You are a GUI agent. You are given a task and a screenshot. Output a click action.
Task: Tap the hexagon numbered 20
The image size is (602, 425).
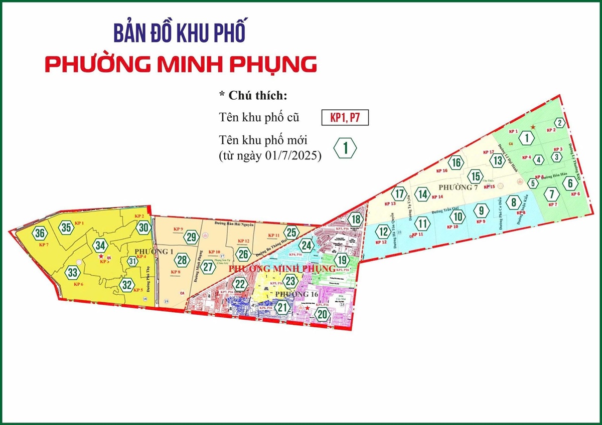pyautogui.click(x=322, y=314)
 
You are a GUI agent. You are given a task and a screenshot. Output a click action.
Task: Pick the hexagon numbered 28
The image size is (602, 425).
pyautogui.click(x=182, y=260)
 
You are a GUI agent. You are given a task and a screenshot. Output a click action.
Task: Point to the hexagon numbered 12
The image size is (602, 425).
pyautogui.click(x=383, y=232)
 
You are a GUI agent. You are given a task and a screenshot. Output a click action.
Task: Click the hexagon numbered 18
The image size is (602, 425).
pyautogui.click(x=355, y=220)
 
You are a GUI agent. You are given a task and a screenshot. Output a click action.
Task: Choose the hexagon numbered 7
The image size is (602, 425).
pyautogui.click(x=552, y=193)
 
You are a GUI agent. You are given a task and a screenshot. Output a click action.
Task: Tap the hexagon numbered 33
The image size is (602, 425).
pyautogui.click(x=73, y=273)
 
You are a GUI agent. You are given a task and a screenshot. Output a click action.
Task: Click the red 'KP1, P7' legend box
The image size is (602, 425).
pyautogui.click(x=345, y=118)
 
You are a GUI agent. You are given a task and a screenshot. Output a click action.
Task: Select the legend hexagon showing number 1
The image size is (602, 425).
pyautogui.click(x=345, y=148)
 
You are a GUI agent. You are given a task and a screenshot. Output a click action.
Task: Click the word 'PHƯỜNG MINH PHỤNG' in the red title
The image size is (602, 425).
pyautogui.click(x=180, y=65)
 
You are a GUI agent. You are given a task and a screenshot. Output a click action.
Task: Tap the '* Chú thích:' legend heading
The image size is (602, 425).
pyautogui.click(x=253, y=96)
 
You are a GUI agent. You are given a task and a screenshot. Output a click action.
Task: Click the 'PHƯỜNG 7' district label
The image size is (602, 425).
pyautogui.click(x=458, y=187)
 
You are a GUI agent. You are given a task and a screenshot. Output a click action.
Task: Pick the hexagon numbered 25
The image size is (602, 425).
pyautogui.click(x=292, y=232)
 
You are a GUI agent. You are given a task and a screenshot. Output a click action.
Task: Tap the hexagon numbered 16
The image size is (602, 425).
pyautogui.click(x=456, y=162)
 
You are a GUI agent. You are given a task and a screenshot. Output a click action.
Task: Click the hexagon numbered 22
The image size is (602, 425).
pyautogui.click(x=241, y=284)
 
